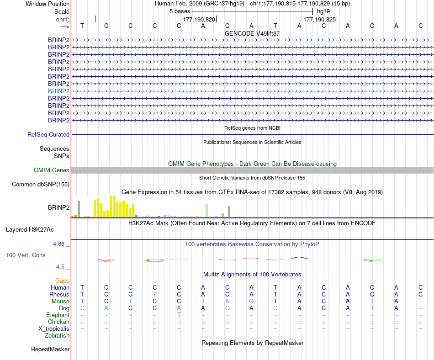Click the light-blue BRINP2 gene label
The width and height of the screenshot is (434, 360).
click(59, 91)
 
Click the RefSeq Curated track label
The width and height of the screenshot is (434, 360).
click(48, 135)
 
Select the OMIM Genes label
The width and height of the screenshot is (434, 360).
click(52, 170)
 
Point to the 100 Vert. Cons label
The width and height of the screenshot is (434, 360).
click(26, 255)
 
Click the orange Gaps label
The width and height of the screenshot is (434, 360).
click(62, 281)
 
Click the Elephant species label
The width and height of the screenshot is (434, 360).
click(58, 315)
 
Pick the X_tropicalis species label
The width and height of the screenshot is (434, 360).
click(54, 329)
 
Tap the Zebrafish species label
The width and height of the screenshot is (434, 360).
click(57, 336)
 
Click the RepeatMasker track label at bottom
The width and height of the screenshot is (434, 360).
click(50, 349)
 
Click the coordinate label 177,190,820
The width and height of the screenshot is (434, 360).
click(199, 20)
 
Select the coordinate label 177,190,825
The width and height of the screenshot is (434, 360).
click(319, 20)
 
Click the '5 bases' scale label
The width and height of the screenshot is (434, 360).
click(180, 11)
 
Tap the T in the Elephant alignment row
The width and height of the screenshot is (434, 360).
click(179, 315)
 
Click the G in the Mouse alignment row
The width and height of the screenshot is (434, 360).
click(251, 302)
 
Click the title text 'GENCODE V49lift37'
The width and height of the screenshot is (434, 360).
click(252, 33)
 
